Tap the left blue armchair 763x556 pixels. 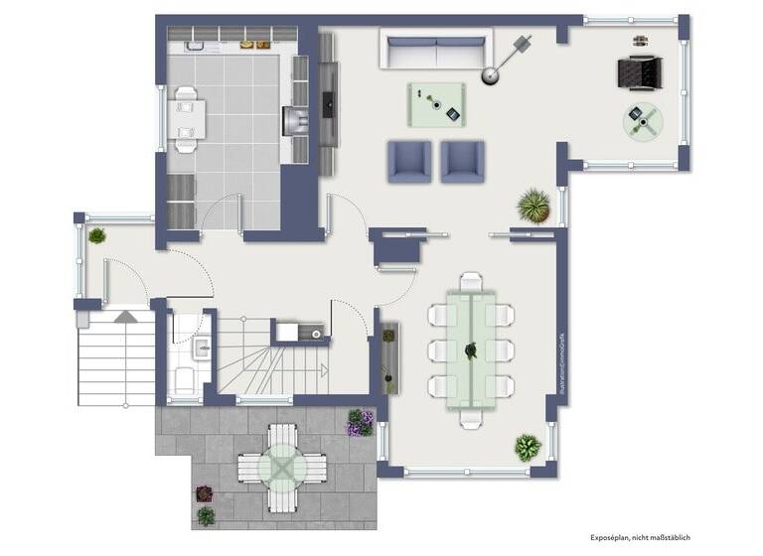409,162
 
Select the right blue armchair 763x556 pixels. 462,162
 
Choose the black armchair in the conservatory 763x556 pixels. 639,72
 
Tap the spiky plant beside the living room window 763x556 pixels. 534,206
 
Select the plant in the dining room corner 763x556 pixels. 528,446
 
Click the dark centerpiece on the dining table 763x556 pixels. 472,349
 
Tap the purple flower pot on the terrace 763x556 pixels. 358,423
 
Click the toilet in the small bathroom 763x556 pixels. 185,378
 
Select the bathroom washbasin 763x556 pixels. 201,347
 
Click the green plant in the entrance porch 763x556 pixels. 96,236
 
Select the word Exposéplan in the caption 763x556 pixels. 614,537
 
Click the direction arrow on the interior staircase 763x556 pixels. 125,317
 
